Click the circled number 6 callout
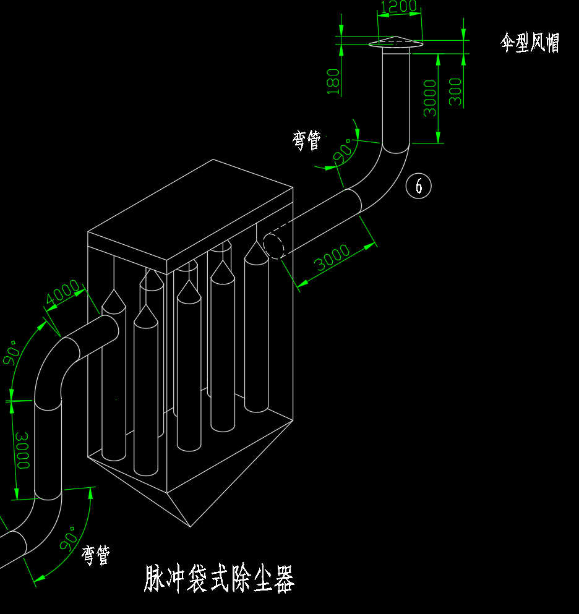click(x=419, y=185)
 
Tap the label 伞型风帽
click(x=530, y=43)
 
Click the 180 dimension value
click(x=333, y=81)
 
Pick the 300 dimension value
click(x=456, y=92)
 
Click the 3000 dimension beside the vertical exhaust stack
click(x=430, y=97)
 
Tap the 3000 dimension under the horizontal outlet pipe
click(x=333, y=258)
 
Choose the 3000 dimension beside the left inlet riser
click(x=23, y=450)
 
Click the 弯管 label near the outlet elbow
click(x=307, y=140)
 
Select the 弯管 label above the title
click(x=96, y=555)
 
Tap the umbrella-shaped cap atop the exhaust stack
click(x=395, y=42)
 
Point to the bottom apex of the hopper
click(x=191, y=527)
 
